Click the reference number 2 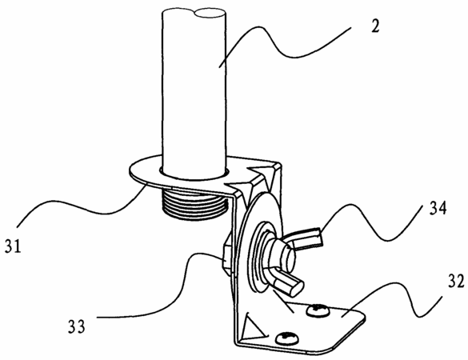click(x=375, y=26)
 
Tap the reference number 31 click(x=13, y=246)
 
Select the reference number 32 click(x=456, y=281)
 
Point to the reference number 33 click(x=77, y=326)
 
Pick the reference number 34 click(x=438, y=208)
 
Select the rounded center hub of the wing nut click(x=282, y=256)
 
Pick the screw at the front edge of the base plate click(x=287, y=338)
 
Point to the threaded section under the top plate click(x=195, y=206)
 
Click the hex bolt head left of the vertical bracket click(x=228, y=254)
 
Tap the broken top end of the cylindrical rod click(x=194, y=14)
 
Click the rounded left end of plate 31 click(x=130, y=170)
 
